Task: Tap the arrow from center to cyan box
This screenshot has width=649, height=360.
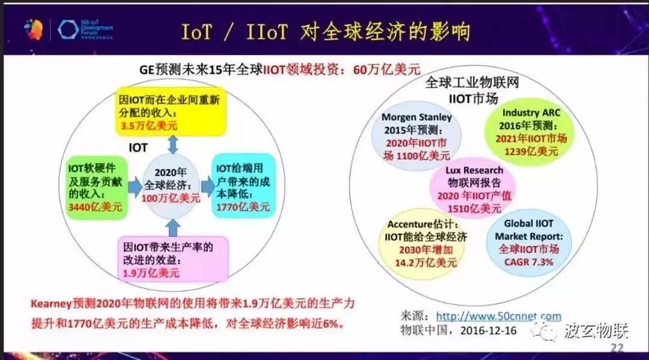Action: [207, 186]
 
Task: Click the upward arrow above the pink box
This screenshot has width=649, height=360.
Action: [172, 227]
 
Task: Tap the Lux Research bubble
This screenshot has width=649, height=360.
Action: [474, 189]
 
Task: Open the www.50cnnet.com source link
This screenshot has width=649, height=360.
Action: [498, 316]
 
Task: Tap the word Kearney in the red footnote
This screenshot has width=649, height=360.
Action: [50, 304]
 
